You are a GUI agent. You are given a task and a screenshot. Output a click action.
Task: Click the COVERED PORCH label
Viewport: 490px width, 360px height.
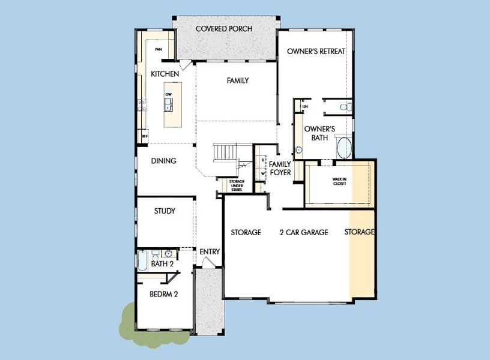[x=224, y=29]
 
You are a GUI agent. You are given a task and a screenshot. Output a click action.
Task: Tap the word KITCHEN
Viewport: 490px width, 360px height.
[x=165, y=74]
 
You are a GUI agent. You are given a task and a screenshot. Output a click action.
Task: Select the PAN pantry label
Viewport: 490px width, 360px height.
[x=159, y=50]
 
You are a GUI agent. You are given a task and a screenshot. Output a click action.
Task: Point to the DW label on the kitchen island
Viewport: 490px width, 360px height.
[x=169, y=95]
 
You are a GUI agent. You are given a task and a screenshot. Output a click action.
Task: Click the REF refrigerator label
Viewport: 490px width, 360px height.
[x=145, y=137]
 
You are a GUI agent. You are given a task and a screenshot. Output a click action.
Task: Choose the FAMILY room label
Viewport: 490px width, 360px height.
[x=237, y=80]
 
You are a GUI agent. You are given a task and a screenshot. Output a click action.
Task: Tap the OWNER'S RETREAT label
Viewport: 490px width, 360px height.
[x=316, y=52]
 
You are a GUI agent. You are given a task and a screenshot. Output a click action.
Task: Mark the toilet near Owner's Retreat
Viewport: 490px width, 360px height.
[x=344, y=107]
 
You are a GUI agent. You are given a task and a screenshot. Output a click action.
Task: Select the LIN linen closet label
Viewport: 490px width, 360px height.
[x=305, y=107]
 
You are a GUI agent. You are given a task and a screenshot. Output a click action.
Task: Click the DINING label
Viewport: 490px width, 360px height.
[x=163, y=161]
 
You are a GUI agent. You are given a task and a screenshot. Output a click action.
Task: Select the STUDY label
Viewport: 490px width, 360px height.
[x=165, y=211]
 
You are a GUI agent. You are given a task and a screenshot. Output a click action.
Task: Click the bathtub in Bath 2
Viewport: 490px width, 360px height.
[x=143, y=261]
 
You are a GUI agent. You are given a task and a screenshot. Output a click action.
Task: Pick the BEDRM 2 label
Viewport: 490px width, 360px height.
[x=163, y=294]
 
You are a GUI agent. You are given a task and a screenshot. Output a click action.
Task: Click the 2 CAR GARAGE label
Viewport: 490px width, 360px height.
[x=303, y=232]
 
